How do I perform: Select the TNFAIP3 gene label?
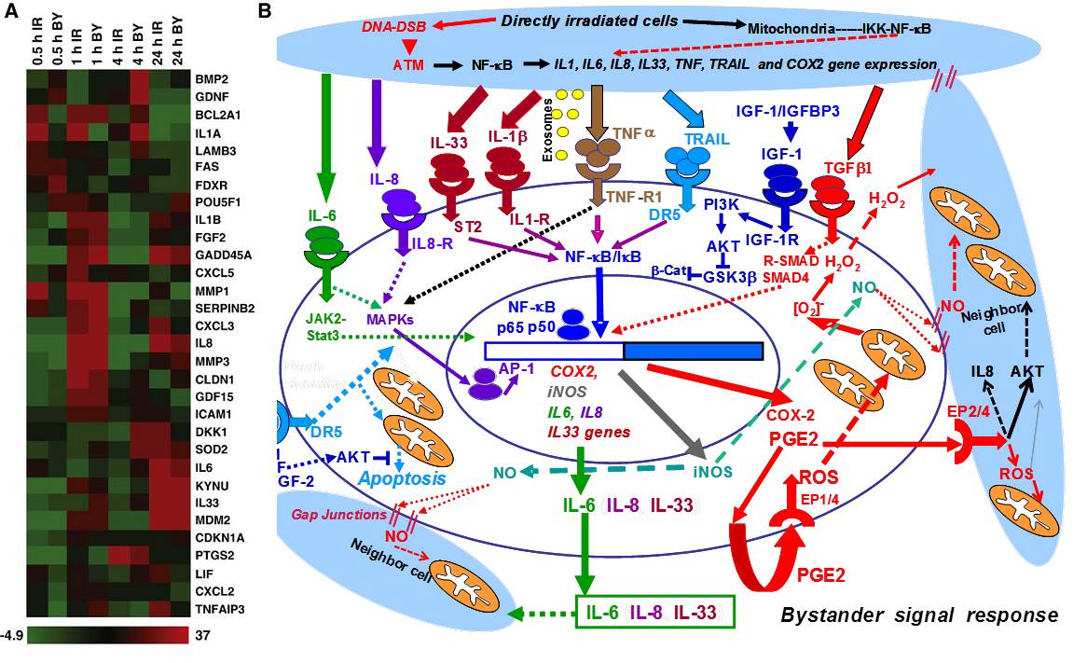(220, 610)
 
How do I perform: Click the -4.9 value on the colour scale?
(12, 635)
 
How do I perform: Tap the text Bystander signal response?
(918, 615)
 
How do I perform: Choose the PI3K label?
(722, 202)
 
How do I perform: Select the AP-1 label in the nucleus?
(517, 370)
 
